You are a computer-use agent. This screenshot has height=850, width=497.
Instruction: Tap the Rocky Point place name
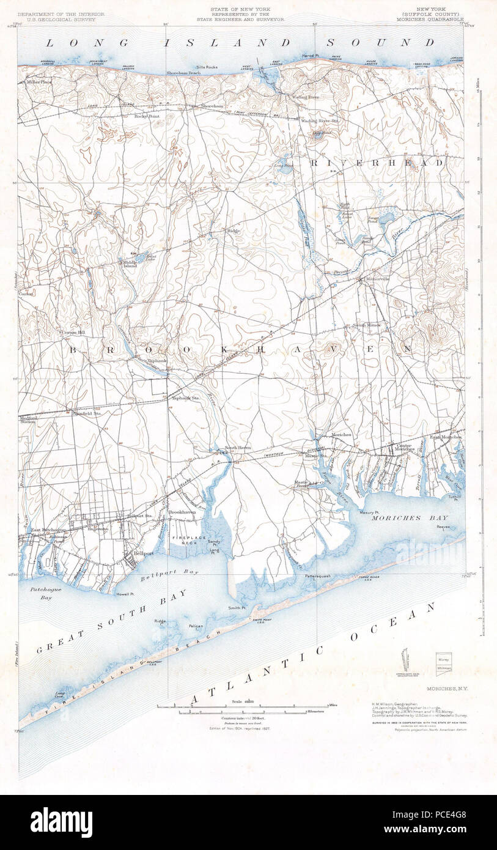click(x=146, y=116)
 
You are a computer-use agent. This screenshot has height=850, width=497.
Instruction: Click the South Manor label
click(x=366, y=325)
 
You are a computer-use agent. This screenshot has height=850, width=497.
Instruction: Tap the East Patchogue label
click(x=44, y=530)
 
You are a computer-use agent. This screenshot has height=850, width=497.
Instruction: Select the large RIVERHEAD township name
click(x=377, y=163)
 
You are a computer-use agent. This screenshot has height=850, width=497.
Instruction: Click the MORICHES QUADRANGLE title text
click(x=439, y=19)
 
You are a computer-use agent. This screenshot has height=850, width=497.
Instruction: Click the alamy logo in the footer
click(x=61, y=822)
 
